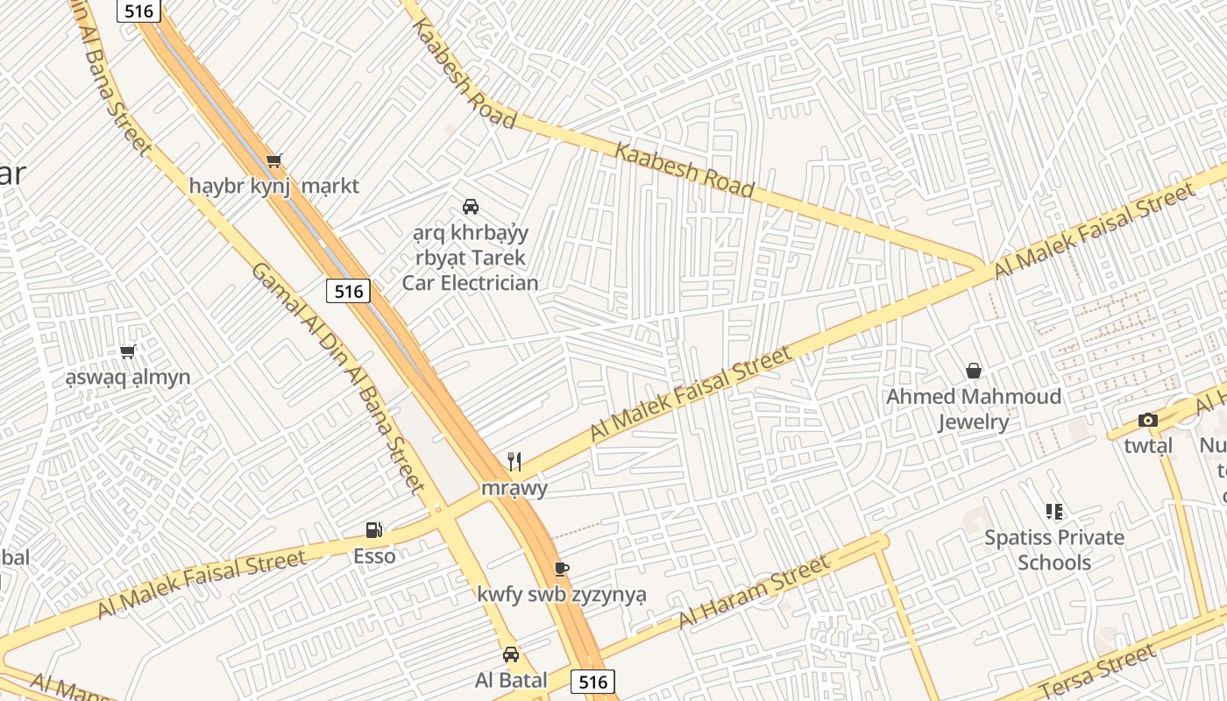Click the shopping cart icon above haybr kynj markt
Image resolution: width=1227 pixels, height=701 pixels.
pos(274,160)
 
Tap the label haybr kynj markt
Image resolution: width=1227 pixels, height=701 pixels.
pos(274,187)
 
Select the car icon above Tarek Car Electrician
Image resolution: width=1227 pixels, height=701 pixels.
pos(471,207)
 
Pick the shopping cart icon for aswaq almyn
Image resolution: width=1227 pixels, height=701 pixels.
pos(128,352)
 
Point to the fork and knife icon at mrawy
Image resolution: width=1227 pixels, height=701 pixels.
pos(514,462)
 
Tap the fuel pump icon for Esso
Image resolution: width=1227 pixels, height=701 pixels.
pos(374,530)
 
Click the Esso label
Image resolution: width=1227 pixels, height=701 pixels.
pos(374,556)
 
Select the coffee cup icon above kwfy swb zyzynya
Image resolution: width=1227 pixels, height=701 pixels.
pos(562,570)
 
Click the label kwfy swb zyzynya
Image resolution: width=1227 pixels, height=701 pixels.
pos(562,595)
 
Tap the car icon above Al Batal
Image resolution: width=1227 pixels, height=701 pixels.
pos(511,655)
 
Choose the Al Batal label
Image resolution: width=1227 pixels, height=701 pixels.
pos(511,680)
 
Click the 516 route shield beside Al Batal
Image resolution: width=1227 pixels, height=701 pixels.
pos(592,681)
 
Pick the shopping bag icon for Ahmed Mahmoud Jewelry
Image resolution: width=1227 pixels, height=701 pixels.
pos(973,372)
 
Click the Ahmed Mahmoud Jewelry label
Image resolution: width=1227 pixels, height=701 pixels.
pos(973,409)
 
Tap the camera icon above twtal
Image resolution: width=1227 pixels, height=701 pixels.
pos(1148,421)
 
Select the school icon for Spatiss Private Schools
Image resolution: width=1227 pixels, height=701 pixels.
pos(1054,512)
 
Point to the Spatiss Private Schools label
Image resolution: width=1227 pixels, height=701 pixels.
pos(1054,549)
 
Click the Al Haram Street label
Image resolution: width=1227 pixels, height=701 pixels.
pos(754,593)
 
